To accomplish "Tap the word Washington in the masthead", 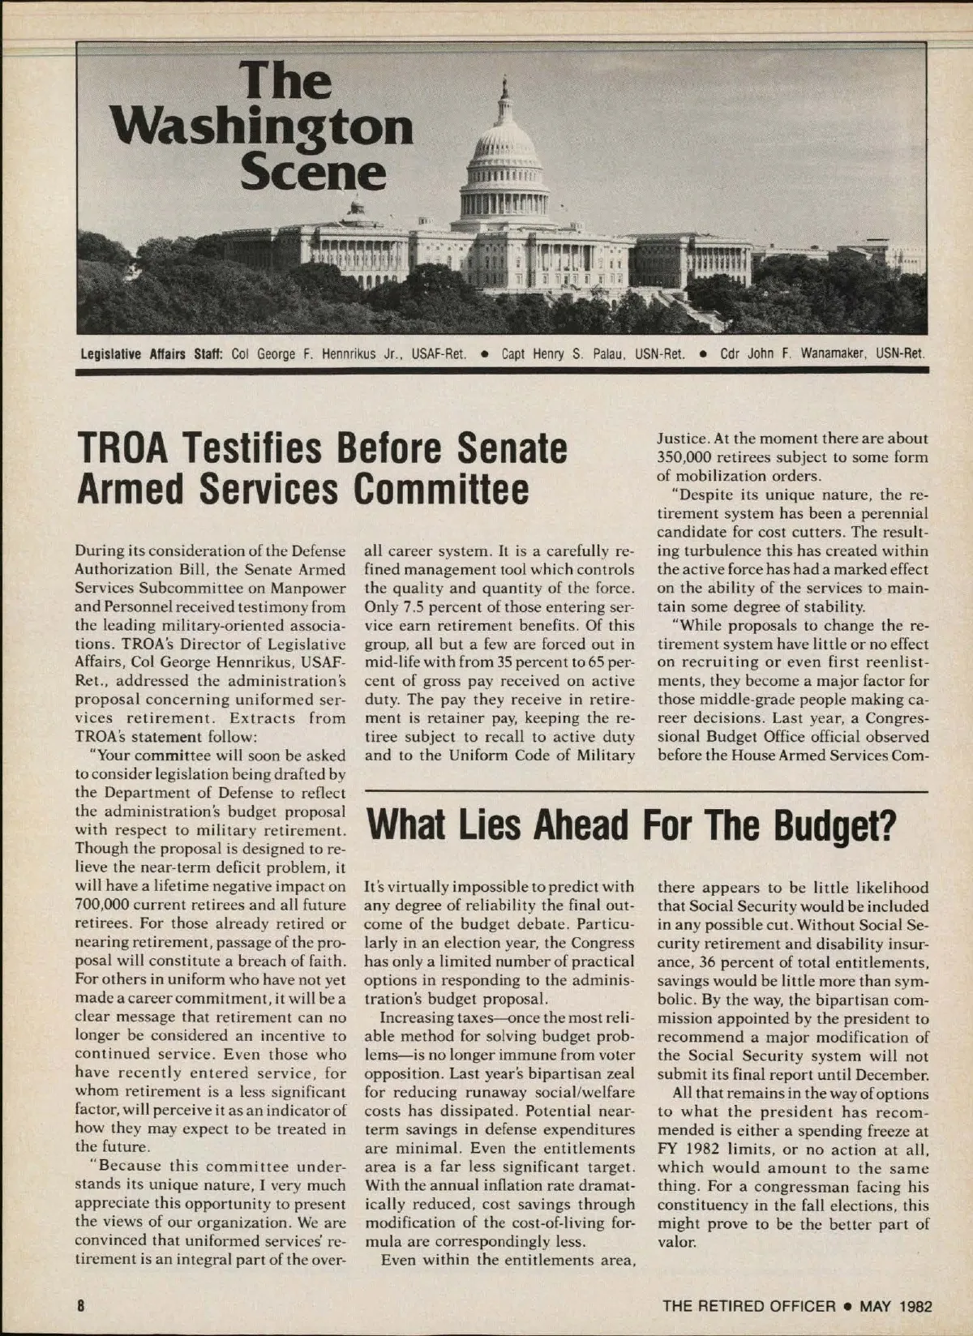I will [x=263, y=128].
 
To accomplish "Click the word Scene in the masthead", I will [x=315, y=172].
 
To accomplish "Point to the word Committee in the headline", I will [x=441, y=489].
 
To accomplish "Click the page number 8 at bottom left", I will [x=80, y=1306].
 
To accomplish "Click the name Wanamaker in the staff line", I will [x=835, y=353].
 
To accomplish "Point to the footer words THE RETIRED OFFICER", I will [x=748, y=1306].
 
